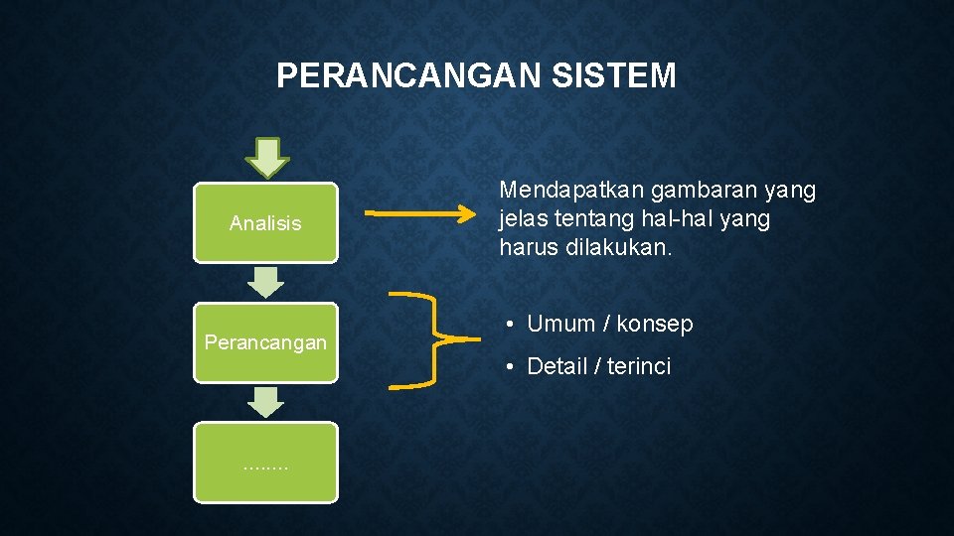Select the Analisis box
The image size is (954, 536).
coord(265,222)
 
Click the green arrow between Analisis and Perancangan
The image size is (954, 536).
coord(265,282)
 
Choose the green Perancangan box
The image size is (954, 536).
coord(265,342)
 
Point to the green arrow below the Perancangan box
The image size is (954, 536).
coord(265,402)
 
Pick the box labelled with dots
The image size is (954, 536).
coord(265,463)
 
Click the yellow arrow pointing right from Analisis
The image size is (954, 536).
coord(422,212)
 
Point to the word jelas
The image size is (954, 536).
coord(524,218)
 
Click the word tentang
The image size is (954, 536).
coord(594,218)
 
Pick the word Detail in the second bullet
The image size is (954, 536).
coord(557,366)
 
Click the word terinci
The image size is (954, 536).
coord(639,366)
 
